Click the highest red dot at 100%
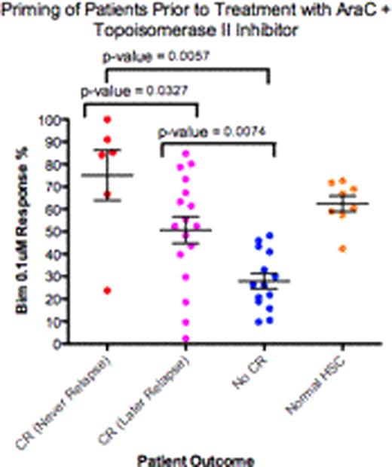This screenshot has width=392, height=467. (107, 120)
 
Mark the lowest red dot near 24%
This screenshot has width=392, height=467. (107, 290)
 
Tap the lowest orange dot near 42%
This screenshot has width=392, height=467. (323, 249)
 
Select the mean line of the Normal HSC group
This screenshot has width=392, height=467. (332, 203)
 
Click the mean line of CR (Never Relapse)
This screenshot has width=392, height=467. (107, 175)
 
